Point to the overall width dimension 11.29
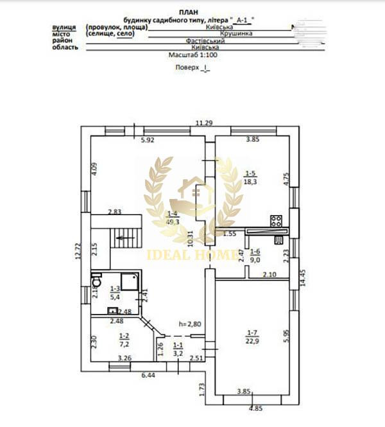coord(203,123)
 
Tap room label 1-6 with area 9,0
coord(255,256)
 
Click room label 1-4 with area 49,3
coord(173,218)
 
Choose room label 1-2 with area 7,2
coord(124,338)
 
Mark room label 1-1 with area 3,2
coord(178,349)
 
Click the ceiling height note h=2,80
coord(190,324)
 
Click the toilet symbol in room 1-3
coord(97,279)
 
